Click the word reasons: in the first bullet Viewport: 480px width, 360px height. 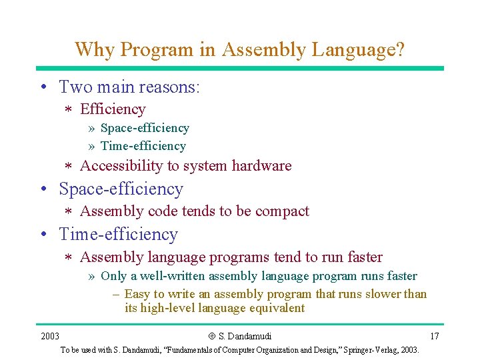click(171, 87)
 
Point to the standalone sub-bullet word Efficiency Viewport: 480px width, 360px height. click(113, 109)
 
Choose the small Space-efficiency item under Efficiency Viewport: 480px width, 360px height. click(145, 128)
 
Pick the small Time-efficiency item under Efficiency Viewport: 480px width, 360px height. click(143, 146)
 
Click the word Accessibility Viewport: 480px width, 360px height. click(121, 166)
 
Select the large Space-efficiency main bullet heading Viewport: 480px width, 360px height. click(121, 189)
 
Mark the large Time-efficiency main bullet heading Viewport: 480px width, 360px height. click(119, 235)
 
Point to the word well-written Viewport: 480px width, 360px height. click(173, 276)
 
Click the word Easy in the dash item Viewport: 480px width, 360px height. click(137, 294)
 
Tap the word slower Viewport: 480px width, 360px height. click(381, 294)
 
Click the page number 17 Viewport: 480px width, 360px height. click(434, 336)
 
